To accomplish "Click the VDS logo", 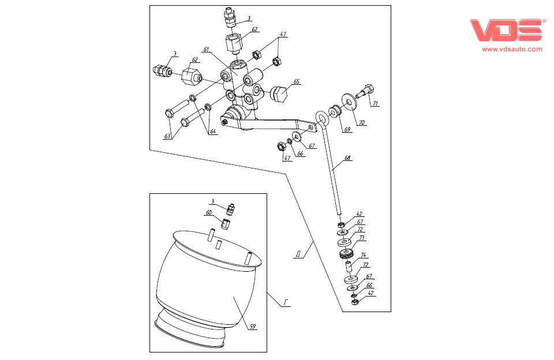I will pos(507,31).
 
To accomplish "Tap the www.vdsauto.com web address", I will pos(512,49).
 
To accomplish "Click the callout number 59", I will pos(253,327).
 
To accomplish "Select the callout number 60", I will pos(209,212).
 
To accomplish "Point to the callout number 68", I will pos(347,157).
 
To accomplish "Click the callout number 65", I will pos(296,82).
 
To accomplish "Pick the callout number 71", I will pos(375,104).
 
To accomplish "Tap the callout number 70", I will pos(362,122).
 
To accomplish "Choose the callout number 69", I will pos(347,129).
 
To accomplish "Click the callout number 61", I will pos(206,49).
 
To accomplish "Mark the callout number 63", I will pos(167,136).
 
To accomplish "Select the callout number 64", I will pos(213,132).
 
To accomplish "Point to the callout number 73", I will pos(362,237).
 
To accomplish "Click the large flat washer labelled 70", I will pos(349,102).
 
